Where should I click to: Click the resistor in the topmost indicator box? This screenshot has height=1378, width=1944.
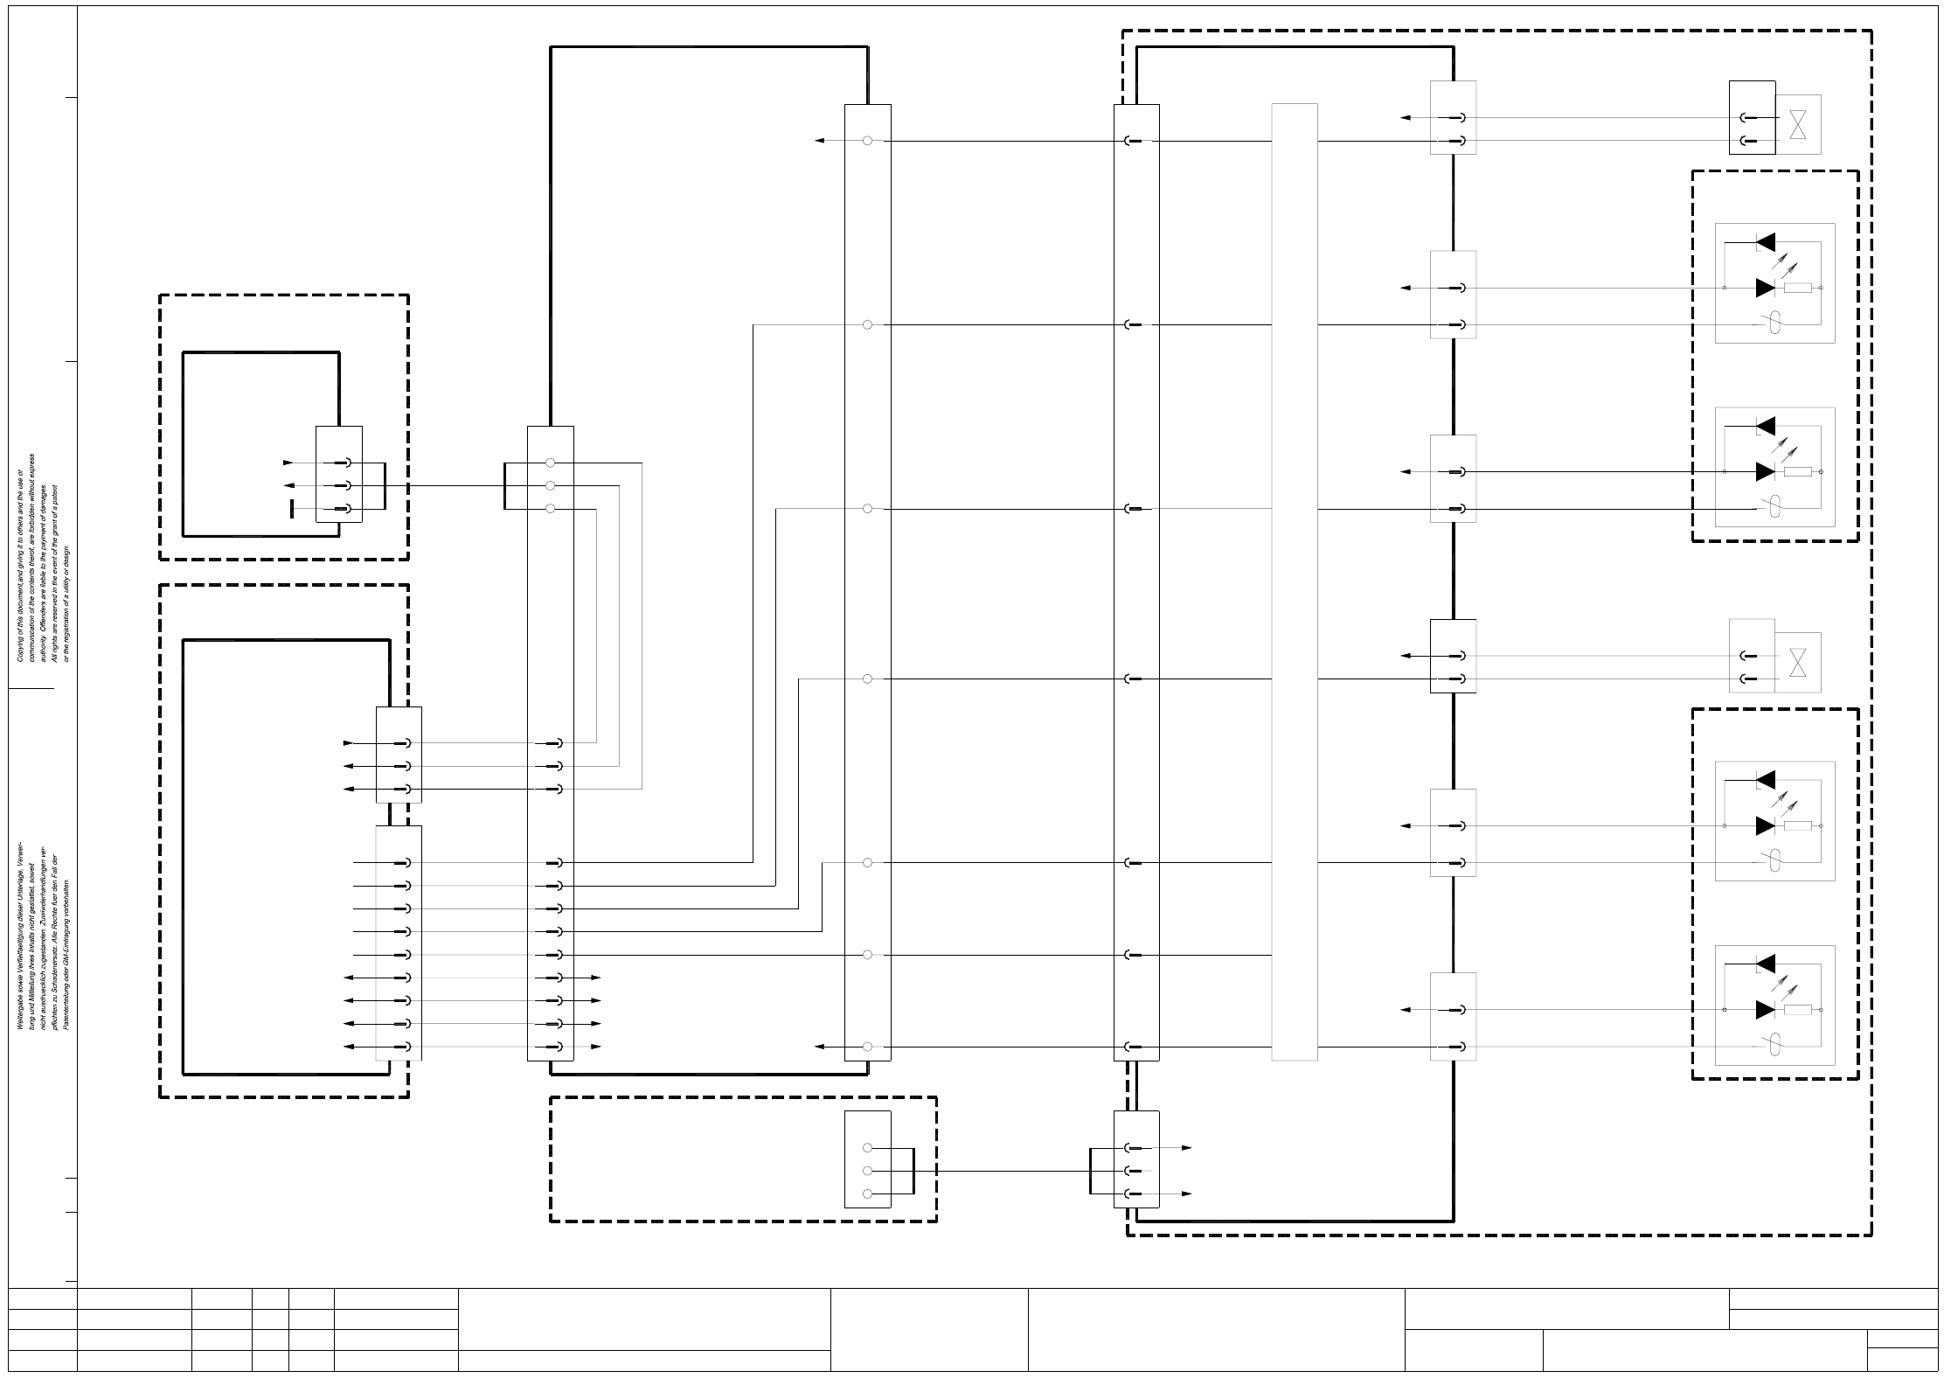pos(1797,288)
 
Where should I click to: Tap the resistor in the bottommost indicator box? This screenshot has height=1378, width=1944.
pos(1797,1010)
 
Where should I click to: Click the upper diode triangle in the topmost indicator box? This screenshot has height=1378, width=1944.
pos(1766,241)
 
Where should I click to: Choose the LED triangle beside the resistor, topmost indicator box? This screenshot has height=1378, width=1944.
pos(1766,288)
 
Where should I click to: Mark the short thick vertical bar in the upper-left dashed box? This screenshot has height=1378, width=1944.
pos(292,509)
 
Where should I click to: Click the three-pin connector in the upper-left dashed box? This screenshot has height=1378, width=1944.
pos(339,475)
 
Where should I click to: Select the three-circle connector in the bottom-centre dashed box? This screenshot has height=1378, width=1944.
pos(867,1159)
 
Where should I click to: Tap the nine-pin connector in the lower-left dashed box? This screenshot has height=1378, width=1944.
pos(399,943)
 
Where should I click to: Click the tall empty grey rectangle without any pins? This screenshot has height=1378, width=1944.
pos(1294,582)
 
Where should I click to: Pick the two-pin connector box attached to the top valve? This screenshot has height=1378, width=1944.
pos(1752,117)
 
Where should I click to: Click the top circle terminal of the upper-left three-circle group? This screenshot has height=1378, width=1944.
pos(550,463)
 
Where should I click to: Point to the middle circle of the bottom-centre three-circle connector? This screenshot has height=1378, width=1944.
pos(867,1171)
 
